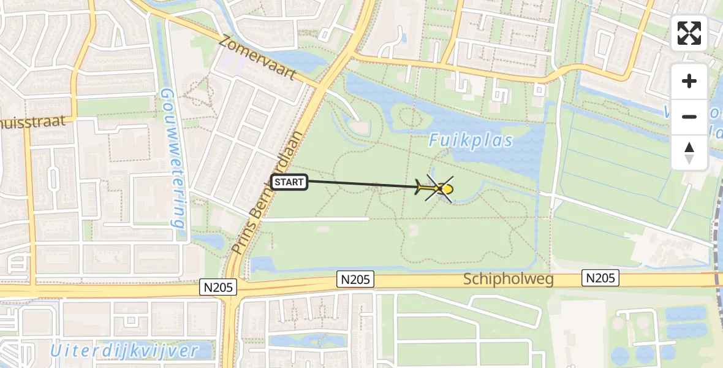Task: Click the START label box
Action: (x=289, y=182)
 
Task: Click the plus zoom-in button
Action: (x=689, y=81)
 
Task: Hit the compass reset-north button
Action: (x=689, y=152)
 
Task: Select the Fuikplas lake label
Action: (x=471, y=140)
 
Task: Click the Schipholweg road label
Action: (x=509, y=280)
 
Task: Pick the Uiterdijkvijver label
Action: (x=125, y=351)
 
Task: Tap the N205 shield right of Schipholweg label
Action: (x=600, y=278)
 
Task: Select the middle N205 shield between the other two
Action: (x=355, y=280)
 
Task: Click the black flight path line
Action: (x=362, y=184)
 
